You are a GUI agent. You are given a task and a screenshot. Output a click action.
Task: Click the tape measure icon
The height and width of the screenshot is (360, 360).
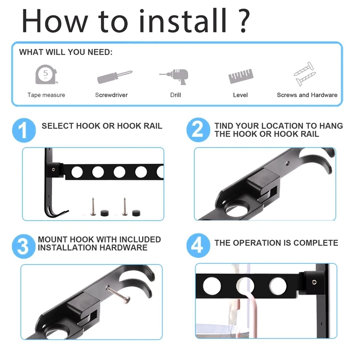click(x=46, y=75)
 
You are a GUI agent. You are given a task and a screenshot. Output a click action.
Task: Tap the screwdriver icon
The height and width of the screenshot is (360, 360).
click(x=115, y=77)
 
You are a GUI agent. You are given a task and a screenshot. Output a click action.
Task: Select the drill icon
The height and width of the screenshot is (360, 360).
click(x=174, y=76)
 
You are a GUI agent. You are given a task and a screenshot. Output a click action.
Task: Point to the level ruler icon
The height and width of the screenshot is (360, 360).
click(x=241, y=76)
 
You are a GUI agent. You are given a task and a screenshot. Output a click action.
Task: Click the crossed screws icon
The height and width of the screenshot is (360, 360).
click(x=305, y=74)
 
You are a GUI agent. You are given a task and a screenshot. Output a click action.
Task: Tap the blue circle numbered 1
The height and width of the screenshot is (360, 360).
click(x=24, y=130)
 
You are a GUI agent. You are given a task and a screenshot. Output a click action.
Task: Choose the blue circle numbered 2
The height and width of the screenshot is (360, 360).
click(x=198, y=130)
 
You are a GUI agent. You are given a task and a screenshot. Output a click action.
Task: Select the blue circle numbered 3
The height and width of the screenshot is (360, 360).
click(x=24, y=246)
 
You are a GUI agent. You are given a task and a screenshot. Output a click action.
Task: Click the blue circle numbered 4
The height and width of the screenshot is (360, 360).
click(x=198, y=245)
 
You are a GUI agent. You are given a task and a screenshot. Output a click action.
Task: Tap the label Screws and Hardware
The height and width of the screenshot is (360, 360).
click(x=307, y=95)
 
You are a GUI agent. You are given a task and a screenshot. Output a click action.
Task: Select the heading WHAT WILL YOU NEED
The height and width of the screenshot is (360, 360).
click(x=66, y=52)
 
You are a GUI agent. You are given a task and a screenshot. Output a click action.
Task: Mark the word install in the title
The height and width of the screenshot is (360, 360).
click(x=183, y=21)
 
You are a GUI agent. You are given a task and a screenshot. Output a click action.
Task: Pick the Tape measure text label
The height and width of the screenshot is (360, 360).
click(x=46, y=95)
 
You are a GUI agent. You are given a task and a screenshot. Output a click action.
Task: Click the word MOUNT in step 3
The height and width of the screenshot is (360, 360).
click(x=53, y=239)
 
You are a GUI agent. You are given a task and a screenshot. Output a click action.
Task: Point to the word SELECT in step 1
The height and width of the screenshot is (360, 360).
click(x=58, y=126)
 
